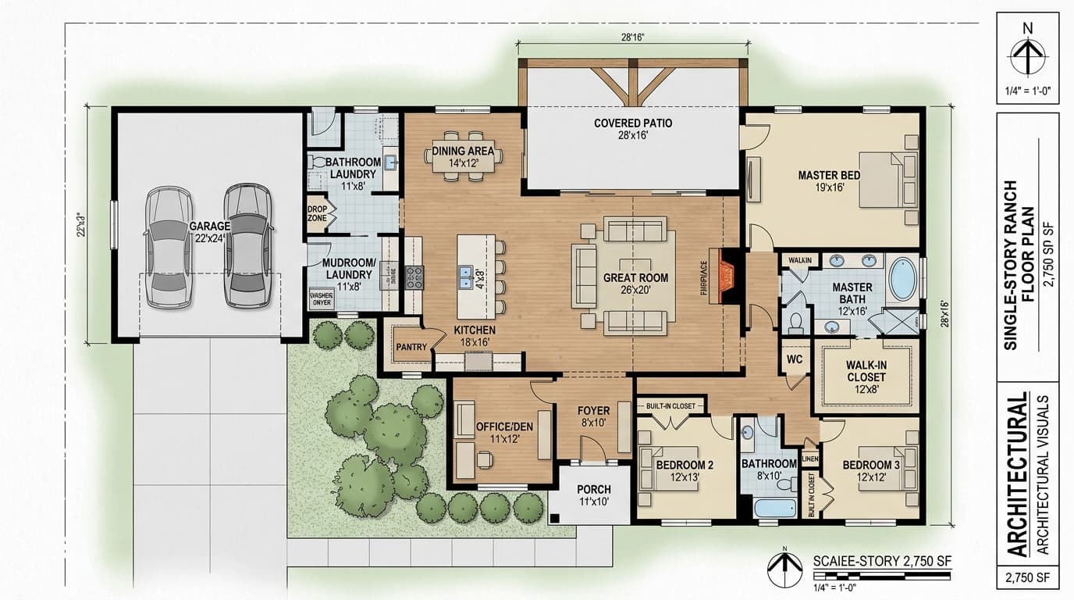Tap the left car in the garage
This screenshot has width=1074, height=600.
(x=169, y=247)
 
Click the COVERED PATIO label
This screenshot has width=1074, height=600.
(x=632, y=123)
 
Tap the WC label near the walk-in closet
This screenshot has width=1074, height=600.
(x=795, y=360)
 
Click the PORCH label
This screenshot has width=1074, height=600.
(x=593, y=490)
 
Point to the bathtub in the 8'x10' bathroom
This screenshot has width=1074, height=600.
(x=775, y=507)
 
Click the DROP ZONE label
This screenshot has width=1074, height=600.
(x=317, y=213)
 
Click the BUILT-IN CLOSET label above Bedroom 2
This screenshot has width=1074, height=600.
(x=671, y=405)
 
